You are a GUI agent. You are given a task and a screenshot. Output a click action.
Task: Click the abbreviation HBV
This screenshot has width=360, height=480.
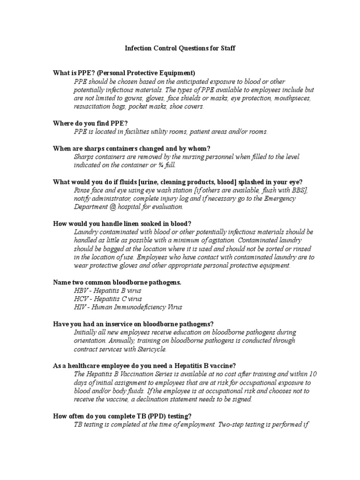pos(81,290)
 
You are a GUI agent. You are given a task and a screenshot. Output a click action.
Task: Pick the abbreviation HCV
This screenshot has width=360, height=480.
pos(81,299)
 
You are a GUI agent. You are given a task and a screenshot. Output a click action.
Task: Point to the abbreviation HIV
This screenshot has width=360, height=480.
pos(81,307)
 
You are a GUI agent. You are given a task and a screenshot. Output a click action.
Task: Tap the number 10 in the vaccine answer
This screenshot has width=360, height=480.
pos(313,374)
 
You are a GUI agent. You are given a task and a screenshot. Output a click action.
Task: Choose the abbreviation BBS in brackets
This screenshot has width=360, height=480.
pos(299,190)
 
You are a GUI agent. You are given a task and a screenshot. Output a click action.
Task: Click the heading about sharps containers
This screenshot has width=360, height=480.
pos(128,149)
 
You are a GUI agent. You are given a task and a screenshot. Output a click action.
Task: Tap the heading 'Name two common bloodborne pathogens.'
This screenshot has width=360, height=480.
pos(117,282)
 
